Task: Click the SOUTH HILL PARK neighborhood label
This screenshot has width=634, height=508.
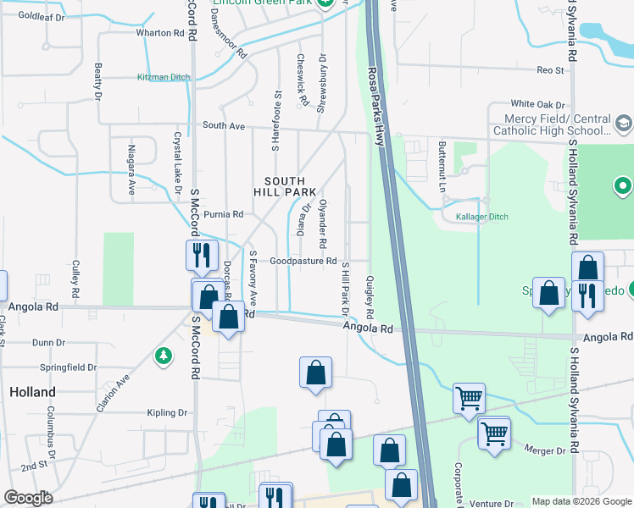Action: [290, 186]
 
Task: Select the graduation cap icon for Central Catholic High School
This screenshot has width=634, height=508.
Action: [624, 124]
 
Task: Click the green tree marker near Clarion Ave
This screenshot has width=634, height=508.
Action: [163, 356]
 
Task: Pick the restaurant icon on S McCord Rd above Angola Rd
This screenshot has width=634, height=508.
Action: [201, 253]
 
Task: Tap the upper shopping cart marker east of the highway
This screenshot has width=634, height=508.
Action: [469, 396]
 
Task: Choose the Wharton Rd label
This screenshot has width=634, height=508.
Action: [160, 34]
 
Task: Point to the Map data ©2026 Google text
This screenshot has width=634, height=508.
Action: [581, 501]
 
